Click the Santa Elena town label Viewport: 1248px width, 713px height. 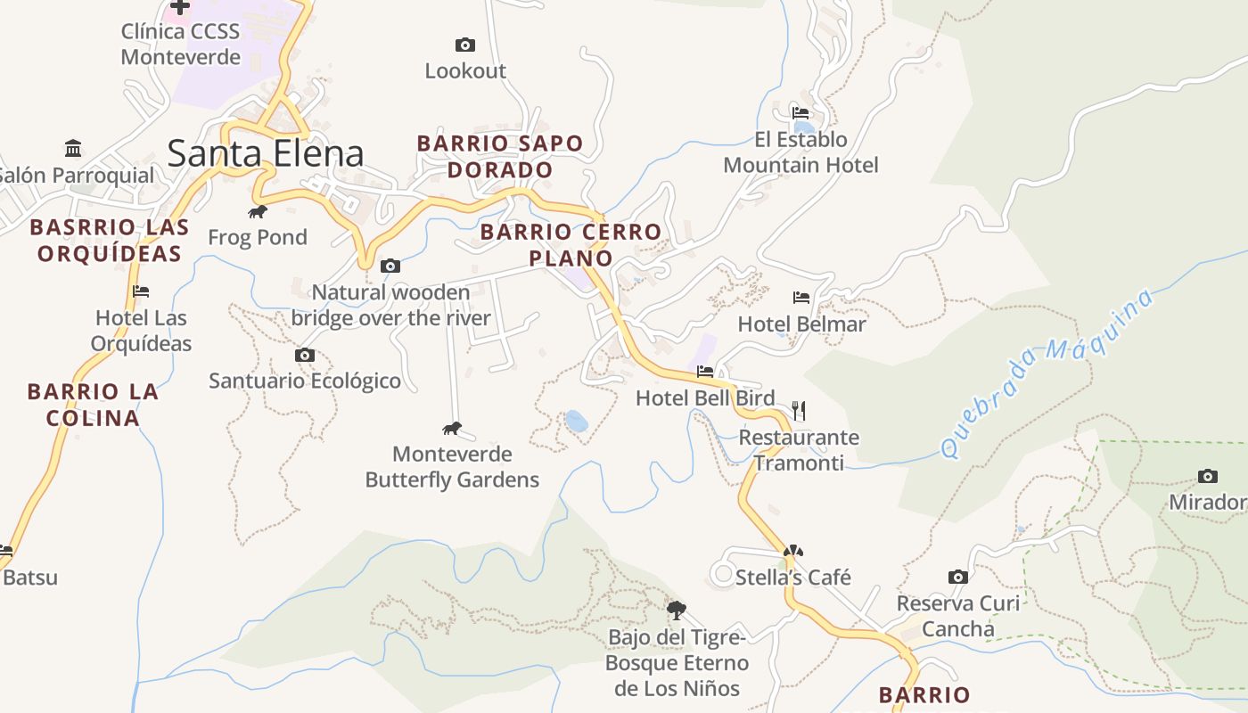coord(265,153)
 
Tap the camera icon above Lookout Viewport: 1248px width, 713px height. coord(464,45)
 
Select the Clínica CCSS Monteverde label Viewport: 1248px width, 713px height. coord(181,45)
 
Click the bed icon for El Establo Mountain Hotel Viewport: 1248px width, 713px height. coord(801,113)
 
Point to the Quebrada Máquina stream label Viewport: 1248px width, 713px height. coord(1047,373)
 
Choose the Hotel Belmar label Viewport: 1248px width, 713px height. coord(801,324)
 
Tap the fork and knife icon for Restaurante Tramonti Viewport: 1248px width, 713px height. coord(799,411)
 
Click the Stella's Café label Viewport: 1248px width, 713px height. coord(792,578)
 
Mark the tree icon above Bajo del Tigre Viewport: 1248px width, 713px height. coord(677,611)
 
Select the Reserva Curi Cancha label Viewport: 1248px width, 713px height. coord(957,616)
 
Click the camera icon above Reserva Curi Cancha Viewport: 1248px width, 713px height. coord(958,578)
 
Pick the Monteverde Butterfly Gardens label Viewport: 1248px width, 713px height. coord(452,467)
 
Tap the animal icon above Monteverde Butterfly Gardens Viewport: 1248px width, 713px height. coord(452,429)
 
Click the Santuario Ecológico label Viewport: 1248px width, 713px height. coord(305,381)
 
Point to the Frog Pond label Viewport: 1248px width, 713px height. coord(258,237)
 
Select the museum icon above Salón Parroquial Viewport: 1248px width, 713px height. coord(73,147)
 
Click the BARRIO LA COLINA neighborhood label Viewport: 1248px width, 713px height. coord(93,405)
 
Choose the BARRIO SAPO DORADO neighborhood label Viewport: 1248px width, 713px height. coord(499,156)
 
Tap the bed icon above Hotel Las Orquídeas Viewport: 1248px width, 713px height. coord(140,291)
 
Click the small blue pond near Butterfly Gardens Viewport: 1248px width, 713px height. coord(577,421)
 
